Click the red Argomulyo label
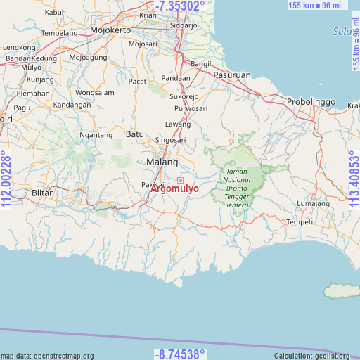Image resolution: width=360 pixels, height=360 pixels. point(174,189)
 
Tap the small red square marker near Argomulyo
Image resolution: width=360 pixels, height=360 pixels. point(180,181)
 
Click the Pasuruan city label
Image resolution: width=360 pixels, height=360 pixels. point(233,75)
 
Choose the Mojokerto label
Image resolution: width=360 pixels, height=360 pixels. point(110,31)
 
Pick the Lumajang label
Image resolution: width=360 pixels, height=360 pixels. point(313,204)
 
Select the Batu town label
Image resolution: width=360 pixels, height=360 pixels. point(134,134)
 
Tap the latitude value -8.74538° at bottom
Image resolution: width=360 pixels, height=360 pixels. point(180,353)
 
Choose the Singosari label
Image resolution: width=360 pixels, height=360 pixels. point(171,140)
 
